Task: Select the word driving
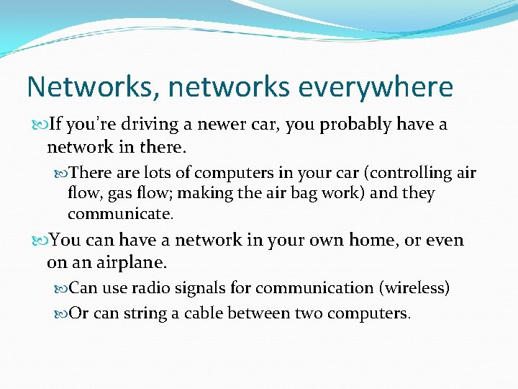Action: pos(150,125)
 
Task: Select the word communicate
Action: pos(119,214)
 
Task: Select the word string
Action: pos(147,313)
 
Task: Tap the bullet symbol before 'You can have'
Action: pos(39,241)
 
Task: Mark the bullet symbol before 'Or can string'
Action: pos(60,314)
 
